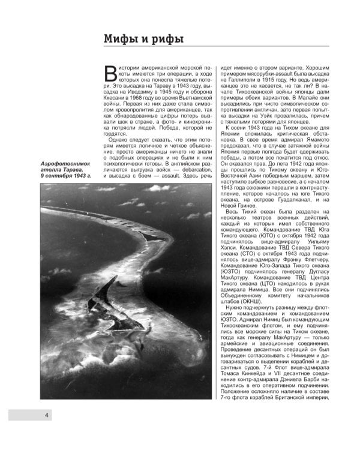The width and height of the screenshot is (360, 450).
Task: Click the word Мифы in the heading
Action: point(121,40)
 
